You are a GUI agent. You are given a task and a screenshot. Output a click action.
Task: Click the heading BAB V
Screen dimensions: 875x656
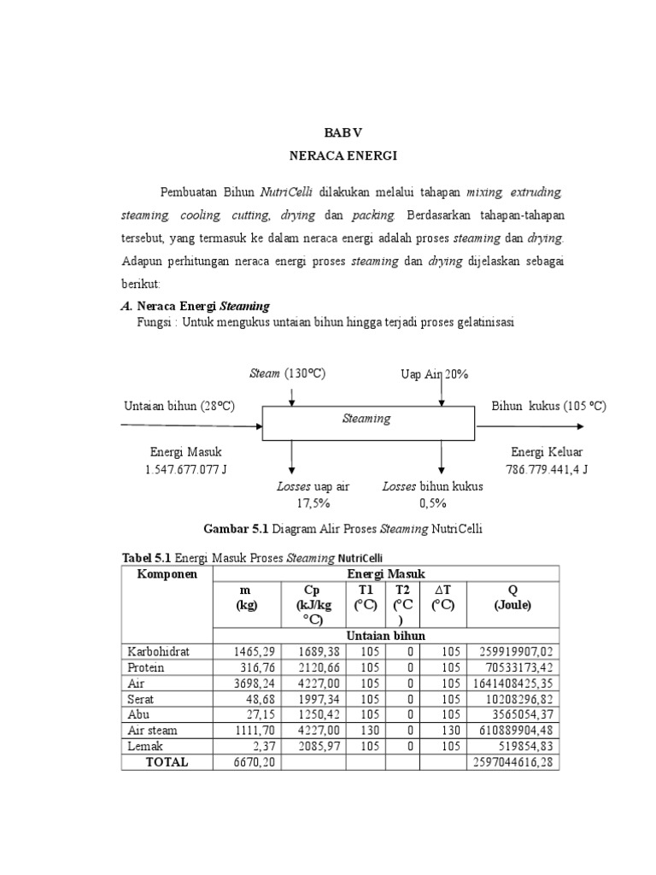(x=343, y=133)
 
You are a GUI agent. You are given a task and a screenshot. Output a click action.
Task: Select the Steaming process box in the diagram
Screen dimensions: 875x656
(x=367, y=420)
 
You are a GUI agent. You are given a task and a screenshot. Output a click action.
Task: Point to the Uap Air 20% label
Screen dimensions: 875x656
(x=434, y=374)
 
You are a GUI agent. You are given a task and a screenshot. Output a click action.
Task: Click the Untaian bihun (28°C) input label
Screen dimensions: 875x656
(x=179, y=406)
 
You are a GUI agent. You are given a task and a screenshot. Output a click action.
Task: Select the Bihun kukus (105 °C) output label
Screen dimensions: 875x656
(x=548, y=406)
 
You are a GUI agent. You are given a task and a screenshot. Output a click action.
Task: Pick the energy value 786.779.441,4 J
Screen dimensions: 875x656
(x=546, y=469)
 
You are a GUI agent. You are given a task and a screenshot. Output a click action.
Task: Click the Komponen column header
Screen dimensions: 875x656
(x=167, y=573)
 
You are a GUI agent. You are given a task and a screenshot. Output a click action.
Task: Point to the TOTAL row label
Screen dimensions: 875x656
(x=167, y=760)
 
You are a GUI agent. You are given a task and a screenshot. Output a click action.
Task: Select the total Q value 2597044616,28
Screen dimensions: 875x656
(x=513, y=760)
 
